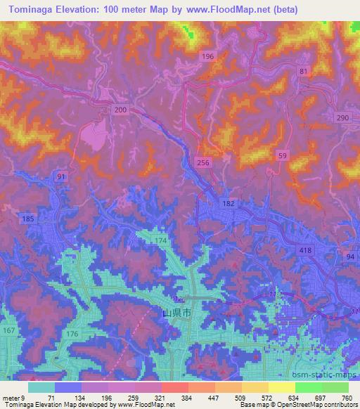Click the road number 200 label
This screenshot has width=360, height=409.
pos(120,110)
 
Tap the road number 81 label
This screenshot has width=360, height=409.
pos(303,72)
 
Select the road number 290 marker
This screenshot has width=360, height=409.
pos(342,117)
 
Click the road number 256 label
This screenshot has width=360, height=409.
pos(203,162)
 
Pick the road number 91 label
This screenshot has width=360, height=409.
pos(62,177)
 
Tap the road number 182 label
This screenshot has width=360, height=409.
pos(229,203)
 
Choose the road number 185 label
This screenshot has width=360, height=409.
pos(28,219)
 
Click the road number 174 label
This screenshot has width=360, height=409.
pos(161,241)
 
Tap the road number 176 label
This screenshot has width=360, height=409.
pos(72,334)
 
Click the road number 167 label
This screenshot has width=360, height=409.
pos(8,331)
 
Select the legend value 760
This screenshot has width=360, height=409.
pos(347,397)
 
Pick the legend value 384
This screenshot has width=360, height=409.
pos(186,397)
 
